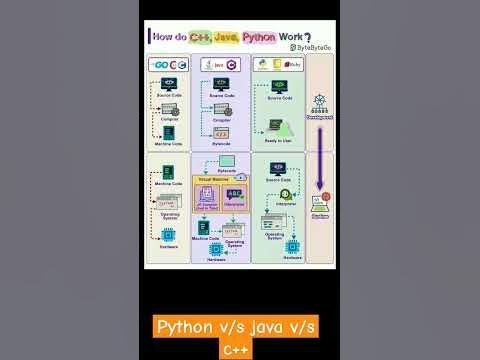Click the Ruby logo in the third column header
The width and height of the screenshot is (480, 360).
[293, 65]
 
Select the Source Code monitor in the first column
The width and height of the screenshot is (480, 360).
[168, 85]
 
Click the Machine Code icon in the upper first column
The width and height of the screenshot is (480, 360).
[168, 132]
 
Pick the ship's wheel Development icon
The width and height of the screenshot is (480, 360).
[320, 101]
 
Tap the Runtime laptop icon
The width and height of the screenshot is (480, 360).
[320, 202]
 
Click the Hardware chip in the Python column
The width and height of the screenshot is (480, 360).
[292, 245]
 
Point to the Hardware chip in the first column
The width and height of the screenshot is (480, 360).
[169, 236]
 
